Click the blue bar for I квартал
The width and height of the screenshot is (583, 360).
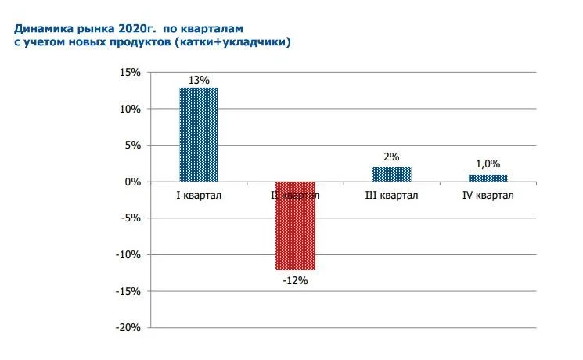coord(199,134)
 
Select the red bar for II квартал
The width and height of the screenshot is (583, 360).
coord(295,225)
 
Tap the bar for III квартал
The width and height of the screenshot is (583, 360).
coord(391,174)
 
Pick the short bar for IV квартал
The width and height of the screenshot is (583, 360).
coord(488,178)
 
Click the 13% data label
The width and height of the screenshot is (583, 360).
coord(198,79)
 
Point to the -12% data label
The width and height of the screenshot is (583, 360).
coord(295,279)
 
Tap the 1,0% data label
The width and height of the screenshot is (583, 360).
coord(488,165)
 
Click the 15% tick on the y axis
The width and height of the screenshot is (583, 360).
coord(130,73)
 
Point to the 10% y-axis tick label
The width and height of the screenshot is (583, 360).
coord(130,109)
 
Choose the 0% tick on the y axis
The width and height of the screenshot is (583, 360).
coord(133,182)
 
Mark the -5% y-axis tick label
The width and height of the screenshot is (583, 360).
coord(131,218)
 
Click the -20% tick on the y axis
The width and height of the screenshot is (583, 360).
coord(128,328)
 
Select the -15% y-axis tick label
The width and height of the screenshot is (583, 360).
coord(128,291)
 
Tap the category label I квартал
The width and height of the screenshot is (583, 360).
coord(198,195)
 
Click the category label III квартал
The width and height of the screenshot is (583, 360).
coord(391,195)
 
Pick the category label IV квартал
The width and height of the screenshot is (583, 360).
coord(488,195)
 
